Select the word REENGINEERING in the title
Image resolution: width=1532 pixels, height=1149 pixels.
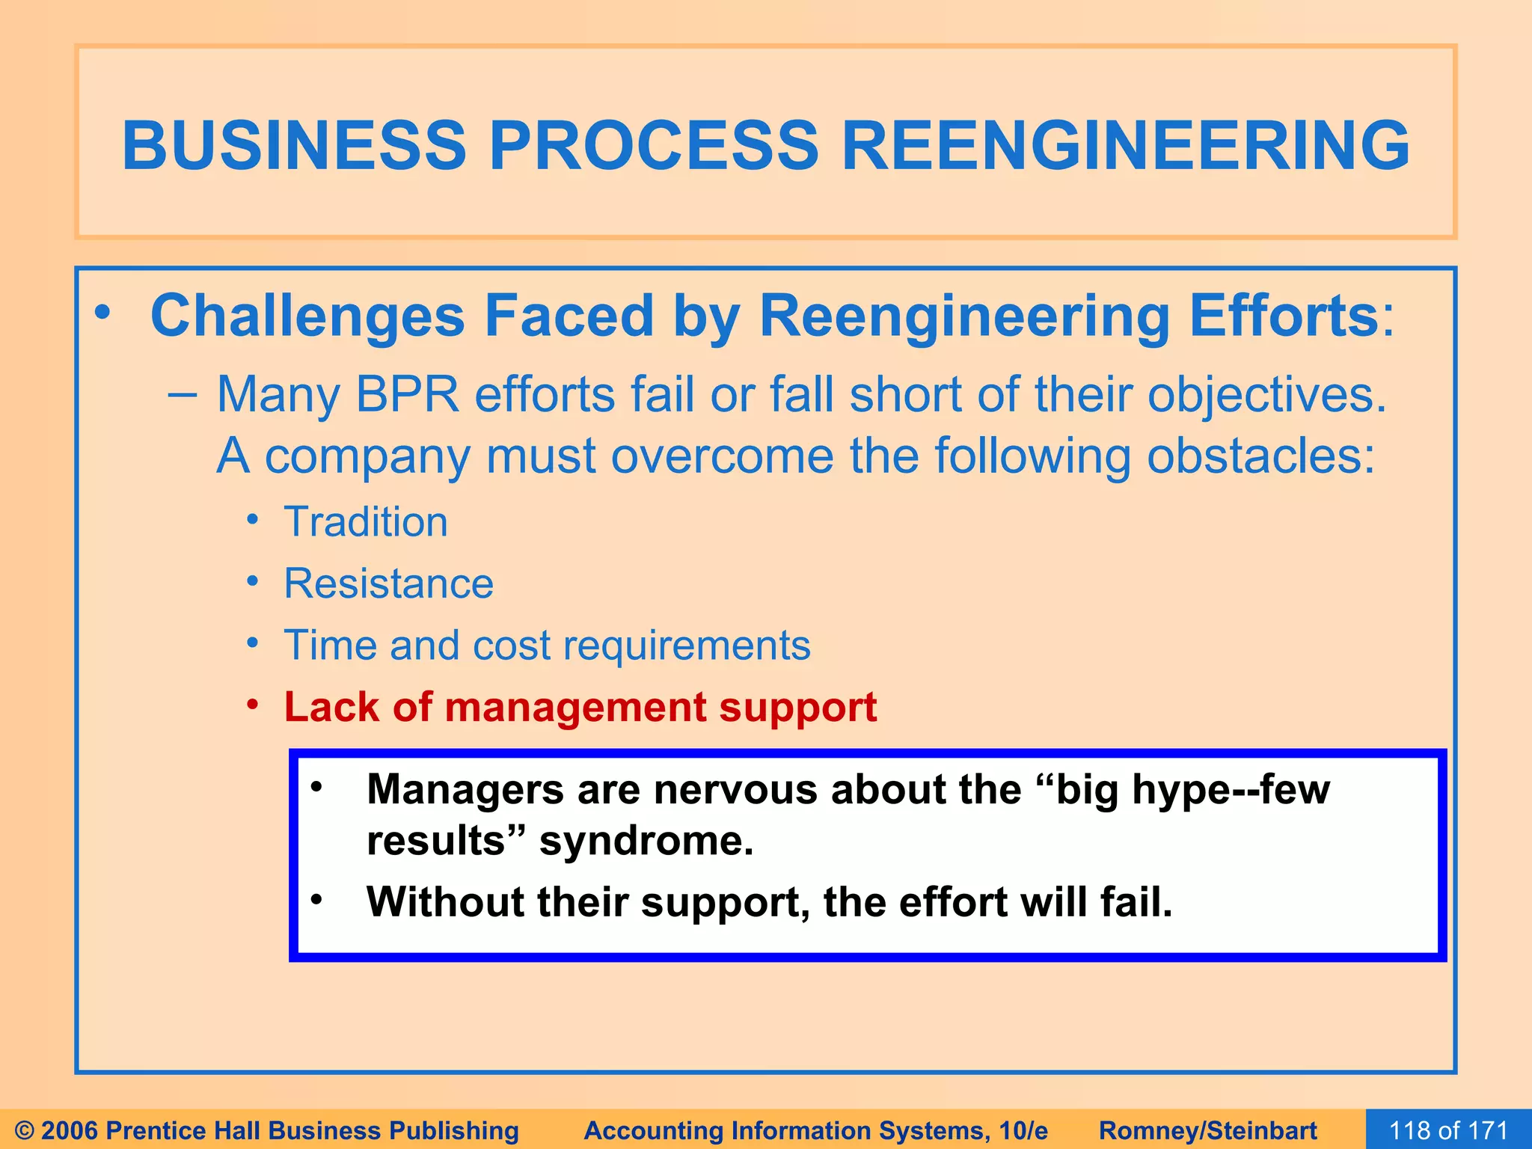tap(1125, 145)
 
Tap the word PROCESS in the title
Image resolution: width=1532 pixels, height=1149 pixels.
tap(654, 145)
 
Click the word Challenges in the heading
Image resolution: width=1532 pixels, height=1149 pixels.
tap(307, 316)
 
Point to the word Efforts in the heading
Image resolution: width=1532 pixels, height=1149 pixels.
tap(1284, 316)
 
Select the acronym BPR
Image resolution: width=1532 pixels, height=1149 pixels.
tap(407, 394)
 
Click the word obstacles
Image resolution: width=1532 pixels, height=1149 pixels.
tap(1260, 456)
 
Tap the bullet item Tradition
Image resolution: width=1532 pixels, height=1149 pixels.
tap(366, 521)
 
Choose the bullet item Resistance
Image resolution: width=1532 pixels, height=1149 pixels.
tap(388, 583)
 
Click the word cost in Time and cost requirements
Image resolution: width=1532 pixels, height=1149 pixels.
tap(512, 645)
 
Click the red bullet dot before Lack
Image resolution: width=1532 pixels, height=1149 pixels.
tap(254, 705)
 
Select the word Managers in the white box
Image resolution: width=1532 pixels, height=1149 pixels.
tap(465, 789)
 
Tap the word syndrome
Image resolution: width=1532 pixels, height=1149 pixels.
tap(646, 841)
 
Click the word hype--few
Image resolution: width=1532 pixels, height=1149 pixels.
tap(1231, 789)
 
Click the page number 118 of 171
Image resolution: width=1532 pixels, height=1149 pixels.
tap(1447, 1130)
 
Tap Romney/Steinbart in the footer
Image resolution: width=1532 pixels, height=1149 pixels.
tap(1207, 1130)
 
